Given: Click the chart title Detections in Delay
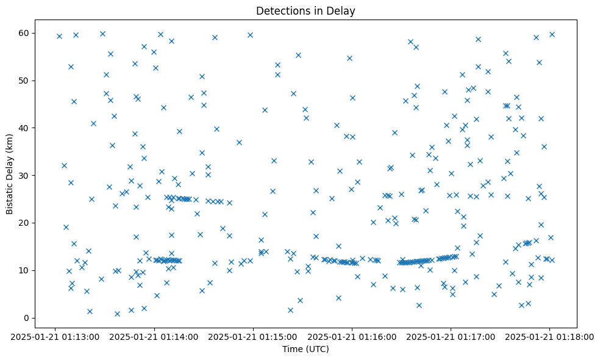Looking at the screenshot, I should [x=305, y=11].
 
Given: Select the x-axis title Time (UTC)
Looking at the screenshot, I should [x=305, y=349].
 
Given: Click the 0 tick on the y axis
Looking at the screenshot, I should [x=28, y=318].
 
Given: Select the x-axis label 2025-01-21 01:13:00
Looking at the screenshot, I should [x=55, y=336].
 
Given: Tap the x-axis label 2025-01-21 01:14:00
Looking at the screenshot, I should [x=154, y=336].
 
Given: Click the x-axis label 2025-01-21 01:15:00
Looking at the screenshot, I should [x=253, y=336].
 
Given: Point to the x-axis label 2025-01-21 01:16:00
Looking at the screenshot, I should [x=352, y=336].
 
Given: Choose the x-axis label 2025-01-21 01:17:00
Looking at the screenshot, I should [x=451, y=336].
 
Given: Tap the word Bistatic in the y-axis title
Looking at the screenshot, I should [x=10, y=196].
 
